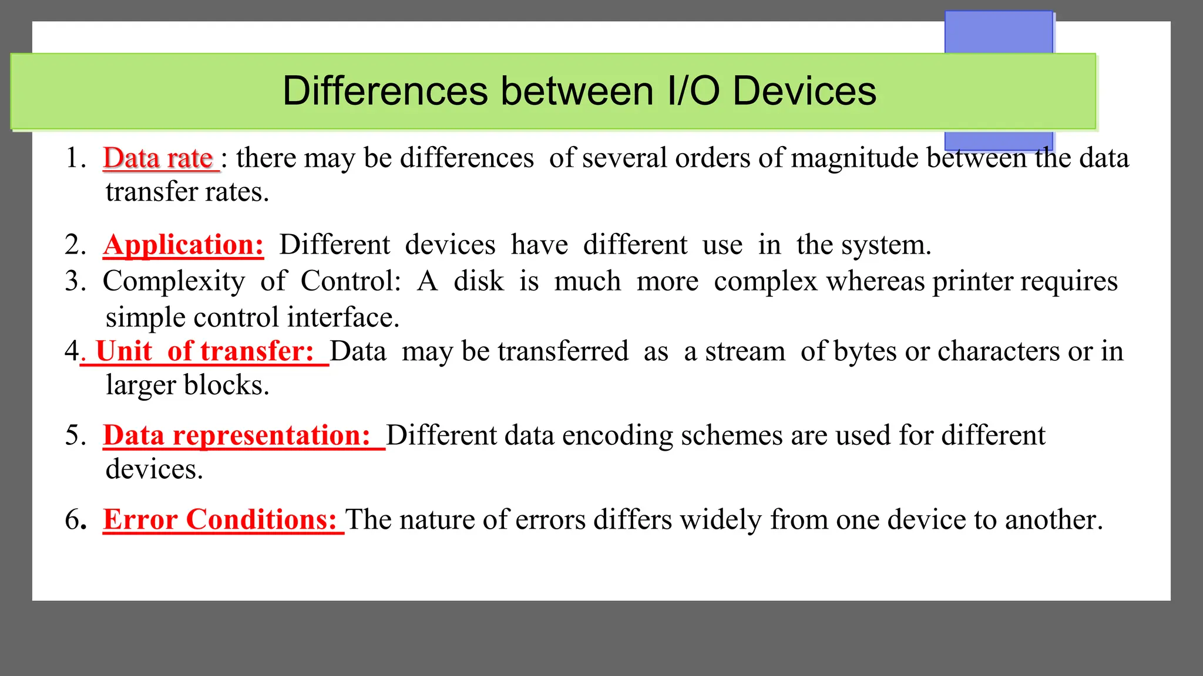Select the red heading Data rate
[157, 158]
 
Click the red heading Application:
[183, 245]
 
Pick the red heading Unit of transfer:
[204, 351]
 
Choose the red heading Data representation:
[237, 435]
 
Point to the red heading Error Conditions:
[220, 520]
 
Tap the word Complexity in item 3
[174, 282]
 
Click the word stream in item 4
[745, 351]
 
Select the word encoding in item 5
[617, 436]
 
